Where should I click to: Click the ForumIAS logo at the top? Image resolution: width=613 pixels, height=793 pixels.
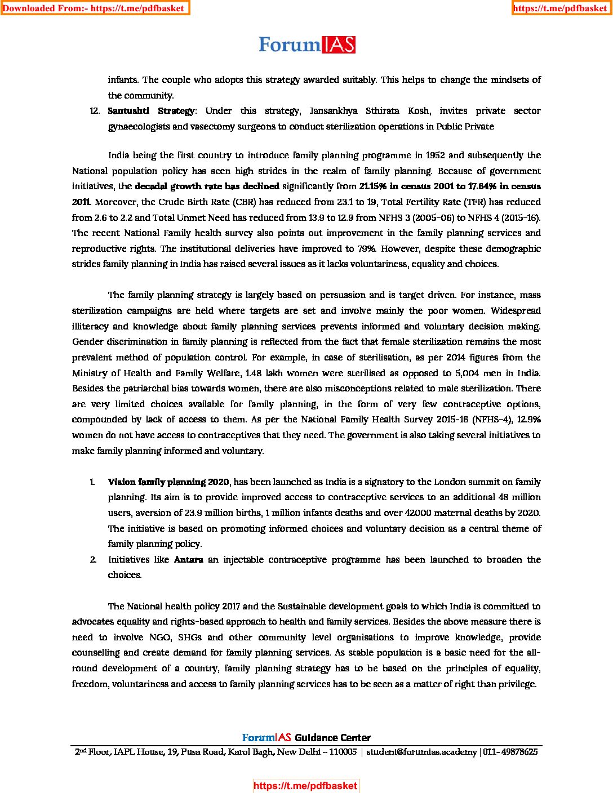(307, 45)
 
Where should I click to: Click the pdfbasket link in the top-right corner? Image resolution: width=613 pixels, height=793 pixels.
(561, 8)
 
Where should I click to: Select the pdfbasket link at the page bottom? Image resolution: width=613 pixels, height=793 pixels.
(305, 786)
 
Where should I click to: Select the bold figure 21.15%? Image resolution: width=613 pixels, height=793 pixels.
(372, 186)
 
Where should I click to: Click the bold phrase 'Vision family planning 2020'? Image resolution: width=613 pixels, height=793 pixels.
(168, 482)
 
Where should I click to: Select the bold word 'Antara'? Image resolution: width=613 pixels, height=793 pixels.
(189, 560)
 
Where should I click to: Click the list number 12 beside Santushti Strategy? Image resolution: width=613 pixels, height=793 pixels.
(95, 111)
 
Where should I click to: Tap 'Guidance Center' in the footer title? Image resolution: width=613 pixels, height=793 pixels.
(332, 738)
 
